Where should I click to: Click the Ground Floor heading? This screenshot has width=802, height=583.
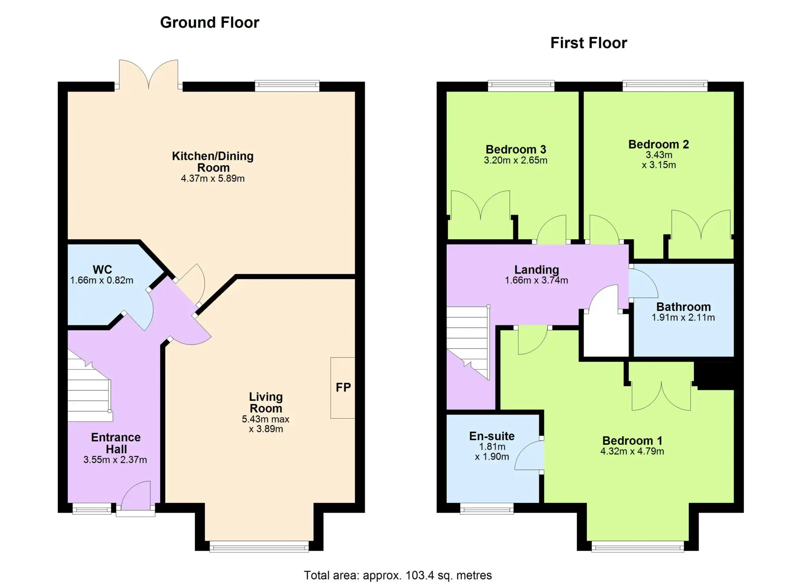(210, 23)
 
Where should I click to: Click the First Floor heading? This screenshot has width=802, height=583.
(589, 43)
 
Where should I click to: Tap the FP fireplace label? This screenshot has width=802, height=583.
(343, 388)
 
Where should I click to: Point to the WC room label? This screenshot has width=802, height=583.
(102, 269)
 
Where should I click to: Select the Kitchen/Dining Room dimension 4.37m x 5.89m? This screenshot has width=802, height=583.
(213, 179)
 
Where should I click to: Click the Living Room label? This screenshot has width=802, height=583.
(266, 403)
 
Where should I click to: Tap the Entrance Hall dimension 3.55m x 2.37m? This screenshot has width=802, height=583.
(115, 460)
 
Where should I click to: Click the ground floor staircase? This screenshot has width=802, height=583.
(90, 386)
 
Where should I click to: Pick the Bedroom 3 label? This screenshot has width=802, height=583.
(516, 150)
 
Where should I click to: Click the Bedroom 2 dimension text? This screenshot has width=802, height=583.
(659, 160)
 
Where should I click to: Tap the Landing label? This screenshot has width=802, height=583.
(536, 269)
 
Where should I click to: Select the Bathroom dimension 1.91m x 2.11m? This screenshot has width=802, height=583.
(683, 318)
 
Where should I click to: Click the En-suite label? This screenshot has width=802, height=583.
(492, 436)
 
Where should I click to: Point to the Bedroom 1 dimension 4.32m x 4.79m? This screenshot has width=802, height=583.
(632, 451)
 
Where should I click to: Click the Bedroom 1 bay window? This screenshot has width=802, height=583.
(638, 546)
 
